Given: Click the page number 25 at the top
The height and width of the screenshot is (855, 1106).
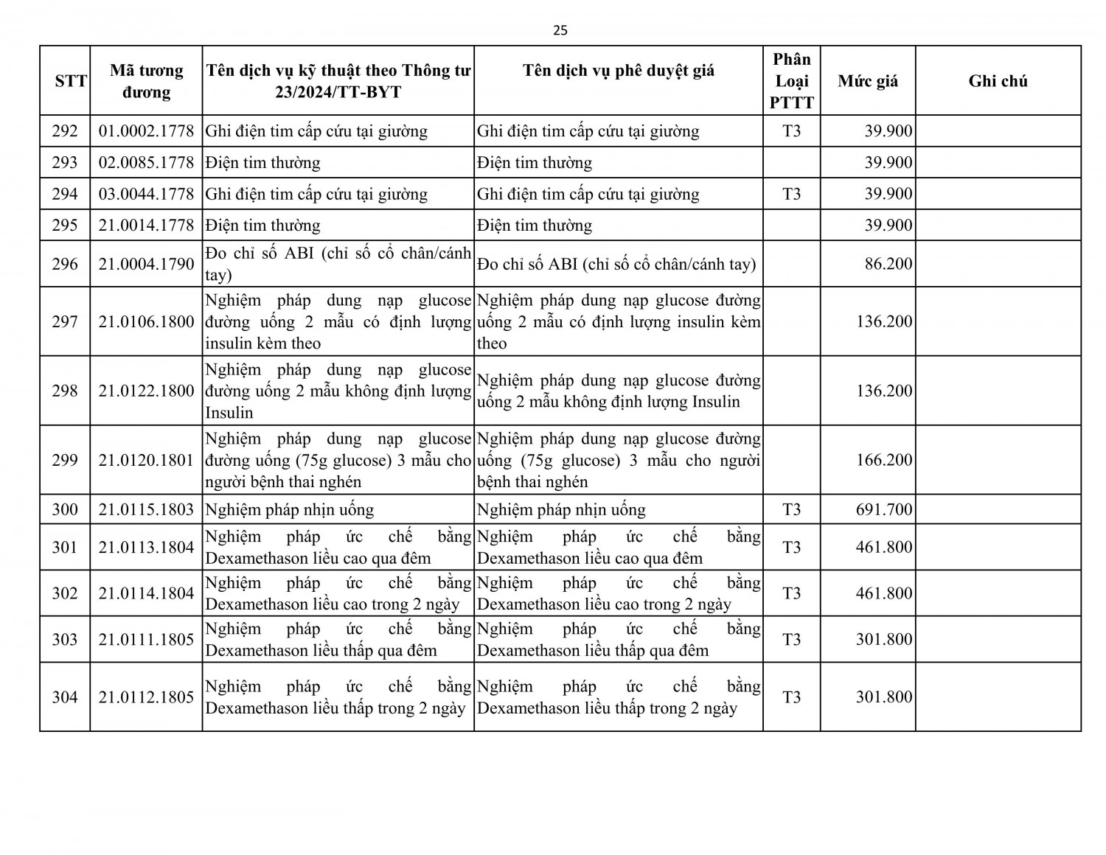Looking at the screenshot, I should pos(560,30).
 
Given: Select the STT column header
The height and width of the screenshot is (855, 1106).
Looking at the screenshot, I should pos(71,81).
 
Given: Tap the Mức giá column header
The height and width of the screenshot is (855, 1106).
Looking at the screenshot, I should pos(868,81).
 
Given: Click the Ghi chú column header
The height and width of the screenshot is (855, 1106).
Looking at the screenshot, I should pos(998,81).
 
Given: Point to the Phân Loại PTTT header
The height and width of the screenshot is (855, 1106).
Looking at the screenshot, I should pos(791,81).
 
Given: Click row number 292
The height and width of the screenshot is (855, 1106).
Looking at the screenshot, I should pos(65,131).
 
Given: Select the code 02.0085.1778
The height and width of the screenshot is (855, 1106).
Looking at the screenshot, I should pos(146,162).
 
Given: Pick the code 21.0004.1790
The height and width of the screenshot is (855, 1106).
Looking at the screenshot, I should pos(146,264).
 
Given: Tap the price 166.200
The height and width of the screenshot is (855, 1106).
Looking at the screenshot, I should pos(884,460).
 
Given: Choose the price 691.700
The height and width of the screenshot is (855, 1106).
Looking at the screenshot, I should pos(884,509).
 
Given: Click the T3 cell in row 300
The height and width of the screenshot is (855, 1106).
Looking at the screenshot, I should pos(791,509).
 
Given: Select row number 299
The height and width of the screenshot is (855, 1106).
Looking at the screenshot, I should pos(65,460).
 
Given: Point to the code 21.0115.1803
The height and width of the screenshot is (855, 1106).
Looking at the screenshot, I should pos(146,509).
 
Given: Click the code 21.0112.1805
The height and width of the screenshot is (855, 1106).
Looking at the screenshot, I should pos(146,697).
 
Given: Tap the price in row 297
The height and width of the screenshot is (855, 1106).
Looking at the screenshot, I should pos(884,321).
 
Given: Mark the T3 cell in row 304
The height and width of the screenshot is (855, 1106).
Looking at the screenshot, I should pos(791,697).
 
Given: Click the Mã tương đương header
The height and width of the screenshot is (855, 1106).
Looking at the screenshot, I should pos(146,81).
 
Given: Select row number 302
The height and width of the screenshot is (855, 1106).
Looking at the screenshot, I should pos(65,593).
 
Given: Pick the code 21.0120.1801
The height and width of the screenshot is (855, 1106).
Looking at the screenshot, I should pos(146,460).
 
